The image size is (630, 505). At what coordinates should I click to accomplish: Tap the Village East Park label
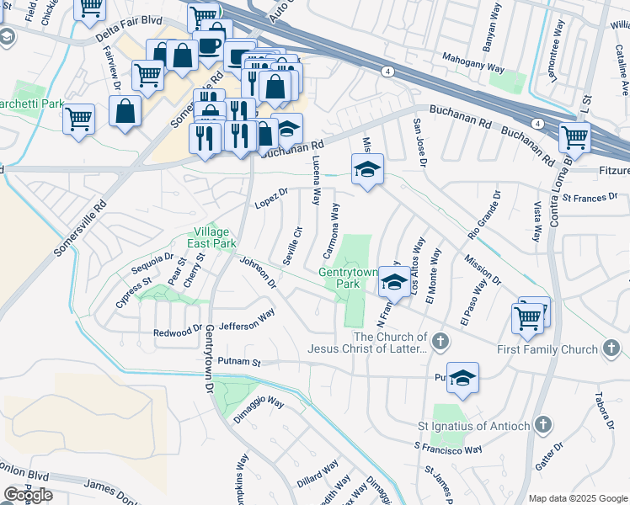(211, 237)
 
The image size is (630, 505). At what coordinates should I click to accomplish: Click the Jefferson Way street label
(247, 320)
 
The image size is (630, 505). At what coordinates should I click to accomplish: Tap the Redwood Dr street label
(178, 332)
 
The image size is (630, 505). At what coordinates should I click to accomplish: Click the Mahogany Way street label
(474, 63)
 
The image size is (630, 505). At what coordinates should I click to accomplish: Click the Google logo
(28, 495)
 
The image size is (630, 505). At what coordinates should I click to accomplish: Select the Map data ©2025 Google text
(579, 498)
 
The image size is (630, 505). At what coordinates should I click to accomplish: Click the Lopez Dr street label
(271, 199)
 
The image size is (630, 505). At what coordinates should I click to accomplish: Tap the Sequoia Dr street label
(152, 263)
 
